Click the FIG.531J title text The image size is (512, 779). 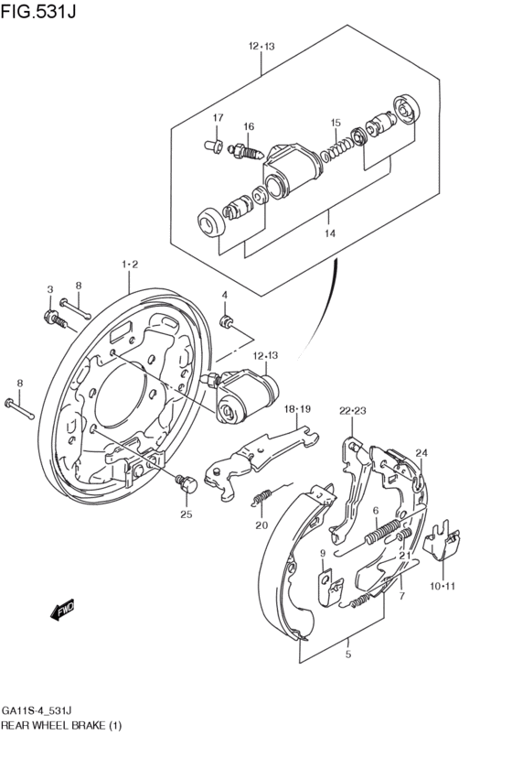[38, 10]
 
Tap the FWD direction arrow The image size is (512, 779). [62, 610]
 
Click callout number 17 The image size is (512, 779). [219, 118]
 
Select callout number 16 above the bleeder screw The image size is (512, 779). [249, 126]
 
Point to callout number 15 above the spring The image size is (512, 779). [336, 123]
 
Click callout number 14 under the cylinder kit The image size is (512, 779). [330, 233]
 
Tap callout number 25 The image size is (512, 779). [186, 514]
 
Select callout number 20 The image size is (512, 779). [261, 525]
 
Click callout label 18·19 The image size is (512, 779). [297, 409]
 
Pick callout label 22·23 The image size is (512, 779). [353, 411]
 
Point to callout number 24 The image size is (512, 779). [421, 452]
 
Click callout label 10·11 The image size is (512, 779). [442, 586]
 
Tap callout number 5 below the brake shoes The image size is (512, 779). [348, 655]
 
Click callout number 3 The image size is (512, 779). [50, 289]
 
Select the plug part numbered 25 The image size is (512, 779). [187, 483]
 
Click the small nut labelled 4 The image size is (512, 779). [226, 321]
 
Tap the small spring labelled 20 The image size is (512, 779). [261, 497]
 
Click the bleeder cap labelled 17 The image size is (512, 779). [213, 146]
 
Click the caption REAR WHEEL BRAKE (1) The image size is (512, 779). [61, 725]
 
